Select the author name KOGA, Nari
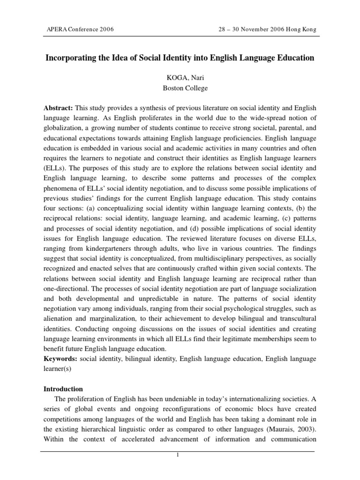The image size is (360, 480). tap(180, 77)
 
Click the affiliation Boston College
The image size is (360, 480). tap(180, 88)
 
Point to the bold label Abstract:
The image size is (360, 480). tap(58, 108)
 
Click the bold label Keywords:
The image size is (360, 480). tap(60, 359)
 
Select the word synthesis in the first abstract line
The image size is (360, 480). tap(156, 108)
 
